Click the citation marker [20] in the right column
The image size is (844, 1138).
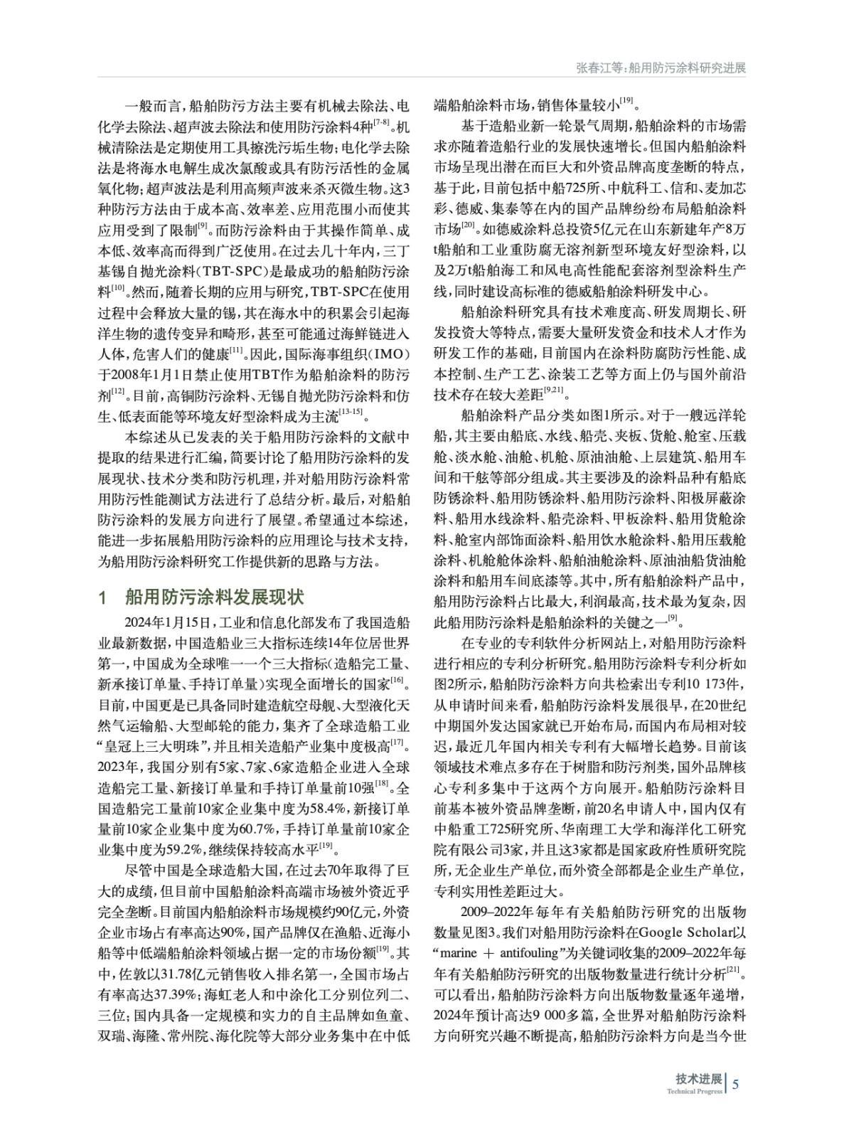[x=467, y=225]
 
